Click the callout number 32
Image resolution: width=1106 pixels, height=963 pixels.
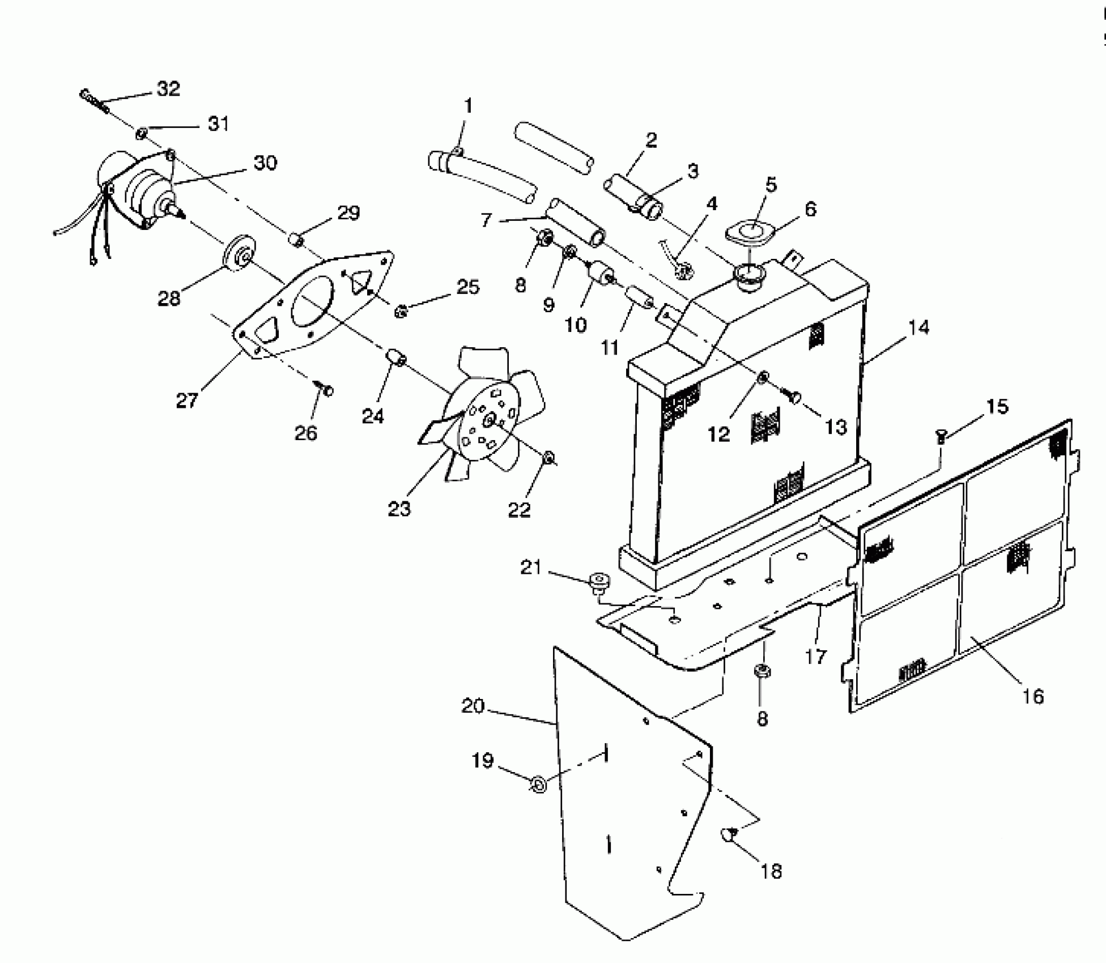[x=168, y=89]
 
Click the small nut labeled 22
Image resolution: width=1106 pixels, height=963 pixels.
[x=548, y=457]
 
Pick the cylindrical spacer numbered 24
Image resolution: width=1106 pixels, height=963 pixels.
[x=396, y=359]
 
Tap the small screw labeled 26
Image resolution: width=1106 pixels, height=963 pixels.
[x=326, y=390]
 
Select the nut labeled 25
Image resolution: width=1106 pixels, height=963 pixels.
[x=401, y=310]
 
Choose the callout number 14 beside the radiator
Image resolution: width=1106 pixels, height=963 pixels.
[x=918, y=327]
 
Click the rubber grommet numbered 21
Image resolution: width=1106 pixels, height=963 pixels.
[x=597, y=581]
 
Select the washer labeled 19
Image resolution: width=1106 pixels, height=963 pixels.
[x=538, y=785]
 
